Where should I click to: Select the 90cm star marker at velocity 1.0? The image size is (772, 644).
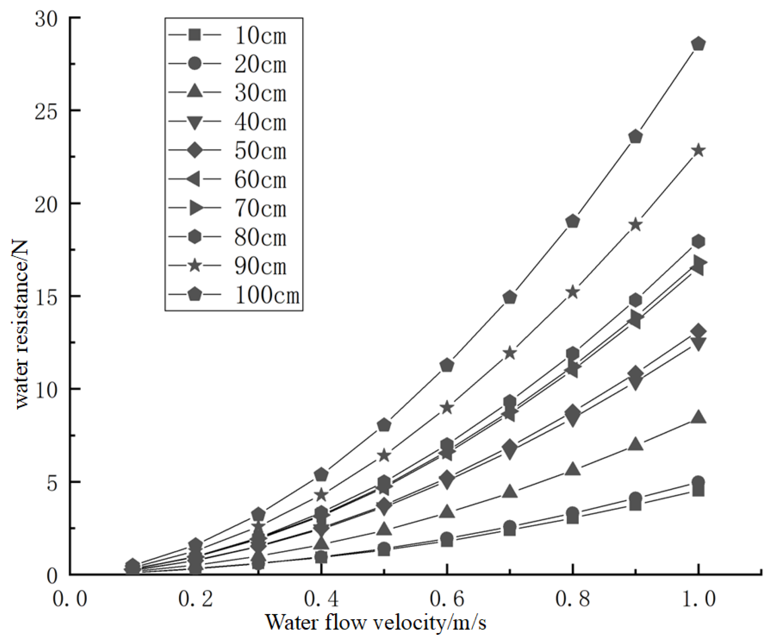point(698,151)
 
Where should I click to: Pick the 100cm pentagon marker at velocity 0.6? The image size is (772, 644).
point(447,365)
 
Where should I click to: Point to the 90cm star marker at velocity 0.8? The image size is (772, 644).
point(573,293)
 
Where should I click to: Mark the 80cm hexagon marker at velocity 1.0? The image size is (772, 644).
point(698,241)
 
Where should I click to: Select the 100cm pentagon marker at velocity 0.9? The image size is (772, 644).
point(635,137)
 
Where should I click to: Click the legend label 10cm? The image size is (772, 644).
point(260,36)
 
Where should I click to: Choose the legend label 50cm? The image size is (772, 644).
point(260,151)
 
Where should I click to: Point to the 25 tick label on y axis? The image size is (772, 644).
point(46,111)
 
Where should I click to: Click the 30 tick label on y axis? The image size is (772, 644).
point(46,18)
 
